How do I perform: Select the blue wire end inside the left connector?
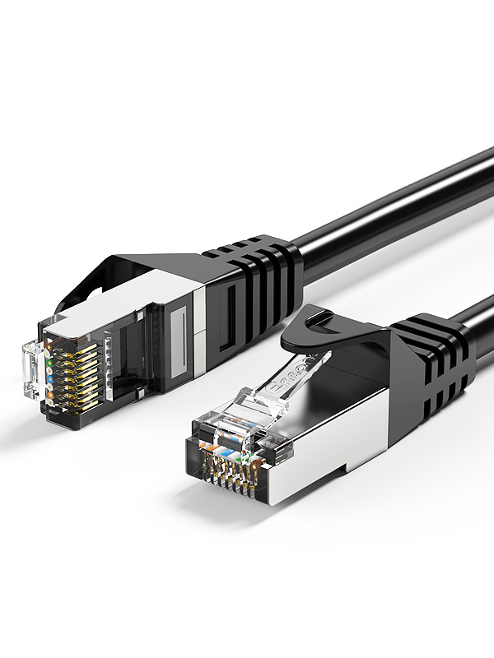[x=52, y=379]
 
